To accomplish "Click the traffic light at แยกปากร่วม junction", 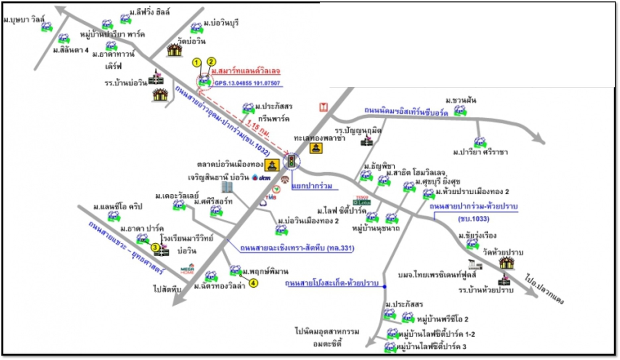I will [x=291, y=161].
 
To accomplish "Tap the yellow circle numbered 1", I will [x=196, y=63].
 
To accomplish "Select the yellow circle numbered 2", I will [x=211, y=62].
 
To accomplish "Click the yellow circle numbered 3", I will [x=155, y=247].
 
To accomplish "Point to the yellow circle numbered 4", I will [x=254, y=283].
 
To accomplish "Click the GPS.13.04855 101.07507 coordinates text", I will [x=248, y=83].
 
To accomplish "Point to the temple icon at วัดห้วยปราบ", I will [x=506, y=263].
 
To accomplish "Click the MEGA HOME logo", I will [x=187, y=269].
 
